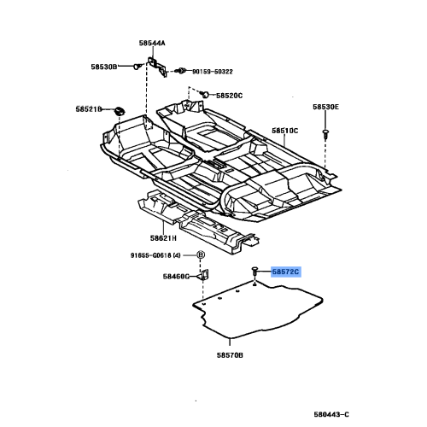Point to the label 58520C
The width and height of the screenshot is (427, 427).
pyautogui.click(x=229, y=96)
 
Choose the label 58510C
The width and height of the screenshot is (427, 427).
pyautogui.click(x=284, y=131)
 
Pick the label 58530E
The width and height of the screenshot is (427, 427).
pyautogui.click(x=325, y=107)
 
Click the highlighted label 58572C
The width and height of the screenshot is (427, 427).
pyautogui.click(x=286, y=272)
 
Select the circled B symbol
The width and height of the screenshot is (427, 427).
pyautogui.click(x=202, y=255)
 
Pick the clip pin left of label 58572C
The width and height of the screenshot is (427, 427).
pyautogui.click(x=255, y=272)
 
